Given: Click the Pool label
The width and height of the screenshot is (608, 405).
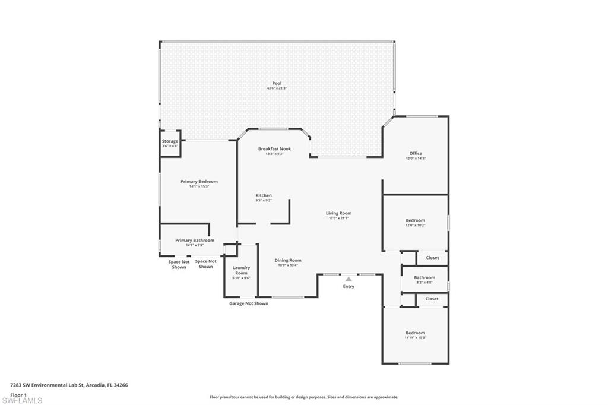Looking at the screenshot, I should coord(277,84).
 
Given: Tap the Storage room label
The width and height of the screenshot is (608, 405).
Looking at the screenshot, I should coord(170,141).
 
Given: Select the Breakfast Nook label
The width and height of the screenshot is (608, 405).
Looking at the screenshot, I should coord(274,149).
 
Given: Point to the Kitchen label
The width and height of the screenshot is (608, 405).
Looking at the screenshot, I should coord(264,195).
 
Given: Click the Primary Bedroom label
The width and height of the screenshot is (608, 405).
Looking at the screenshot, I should coord(199,182).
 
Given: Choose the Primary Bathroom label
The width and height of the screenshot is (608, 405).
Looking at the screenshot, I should coord(194,241).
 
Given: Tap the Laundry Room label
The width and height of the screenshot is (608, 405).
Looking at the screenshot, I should coord(241,270).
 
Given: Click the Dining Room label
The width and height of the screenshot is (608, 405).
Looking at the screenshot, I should coord(288,260).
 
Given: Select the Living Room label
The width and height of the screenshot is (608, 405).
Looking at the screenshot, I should coord(338,213).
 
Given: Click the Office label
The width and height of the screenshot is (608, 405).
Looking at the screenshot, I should coord(416,153).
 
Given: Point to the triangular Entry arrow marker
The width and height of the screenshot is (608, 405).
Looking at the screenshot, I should coord(349,279).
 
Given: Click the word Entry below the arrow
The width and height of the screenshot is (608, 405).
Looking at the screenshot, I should coord(349,287).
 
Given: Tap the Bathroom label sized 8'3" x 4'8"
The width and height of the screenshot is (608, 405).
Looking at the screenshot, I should coord(425,277).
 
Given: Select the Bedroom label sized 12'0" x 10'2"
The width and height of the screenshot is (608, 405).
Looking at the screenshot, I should coord(415,220).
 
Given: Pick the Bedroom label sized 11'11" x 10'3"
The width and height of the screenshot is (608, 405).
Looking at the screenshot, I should coord(415,333).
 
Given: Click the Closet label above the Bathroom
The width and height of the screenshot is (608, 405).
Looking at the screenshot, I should coord(432,258).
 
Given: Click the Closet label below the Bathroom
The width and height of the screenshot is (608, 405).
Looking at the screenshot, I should coord(432,299).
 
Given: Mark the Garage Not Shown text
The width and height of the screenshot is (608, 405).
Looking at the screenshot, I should coord(249,303).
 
